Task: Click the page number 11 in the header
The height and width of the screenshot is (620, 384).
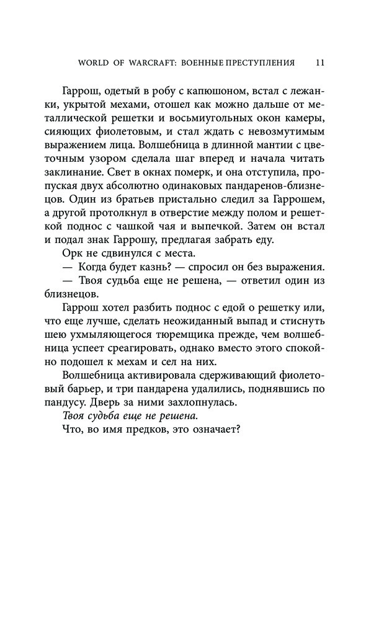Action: pyautogui.click(x=320, y=63)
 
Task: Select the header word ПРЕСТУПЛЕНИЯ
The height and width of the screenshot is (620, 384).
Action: pyautogui.click(x=259, y=63)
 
